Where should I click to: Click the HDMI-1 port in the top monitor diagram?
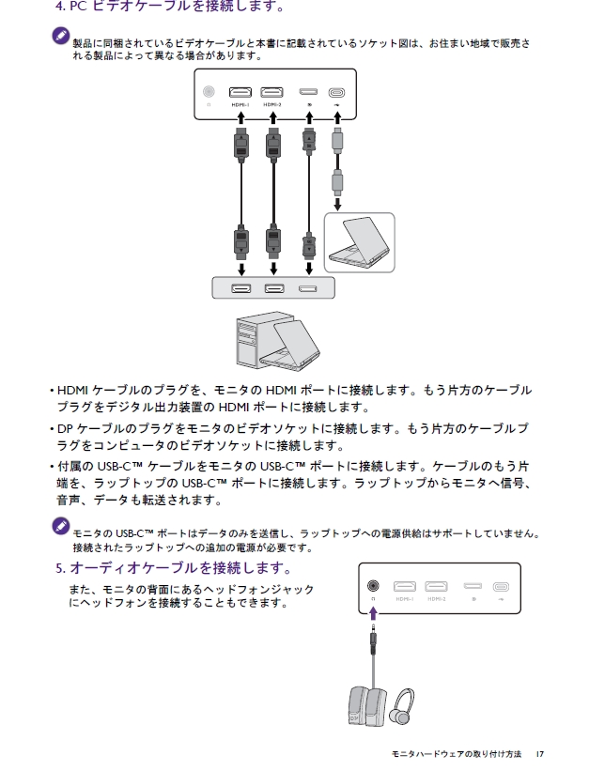tap(240, 93)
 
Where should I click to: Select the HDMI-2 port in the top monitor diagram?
tap(272, 93)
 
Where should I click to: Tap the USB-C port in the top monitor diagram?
tap(336, 93)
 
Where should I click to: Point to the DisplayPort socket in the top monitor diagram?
tap(307, 93)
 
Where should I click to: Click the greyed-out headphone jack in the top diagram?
tap(209, 92)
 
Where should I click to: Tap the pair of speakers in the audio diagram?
tap(364, 710)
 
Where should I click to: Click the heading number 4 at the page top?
tap(60, 7)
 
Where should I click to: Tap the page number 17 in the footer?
tap(539, 754)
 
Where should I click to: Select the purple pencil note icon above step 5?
tap(61, 525)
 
